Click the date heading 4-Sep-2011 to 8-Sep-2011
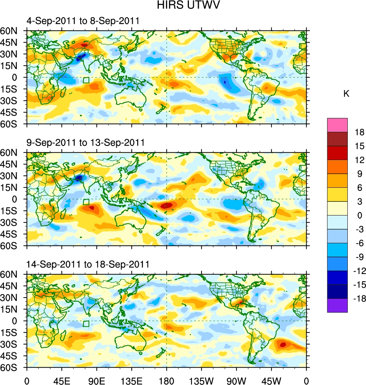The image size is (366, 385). click(x=83, y=21)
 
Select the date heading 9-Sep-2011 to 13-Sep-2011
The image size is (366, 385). click(x=86, y=143)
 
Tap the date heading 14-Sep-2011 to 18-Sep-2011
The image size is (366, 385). click(x=88, y=264)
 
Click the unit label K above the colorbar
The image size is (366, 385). click(x=346, y=94)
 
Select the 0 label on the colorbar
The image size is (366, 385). click(x=358, y=215)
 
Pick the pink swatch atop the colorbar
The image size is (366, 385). click(x=337, y=125)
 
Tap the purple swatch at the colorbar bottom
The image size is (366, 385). click(x=337, y=305)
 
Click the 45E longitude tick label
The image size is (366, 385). click(x=62, y=380)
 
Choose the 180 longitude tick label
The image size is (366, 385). click(x=166, y=380)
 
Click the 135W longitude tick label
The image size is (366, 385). click(x=201, y=380)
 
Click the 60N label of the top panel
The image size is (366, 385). click(x=12, y=31)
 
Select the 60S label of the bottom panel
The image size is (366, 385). click(x=12, y=368)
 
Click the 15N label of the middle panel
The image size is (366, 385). click(x=12, y=187)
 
